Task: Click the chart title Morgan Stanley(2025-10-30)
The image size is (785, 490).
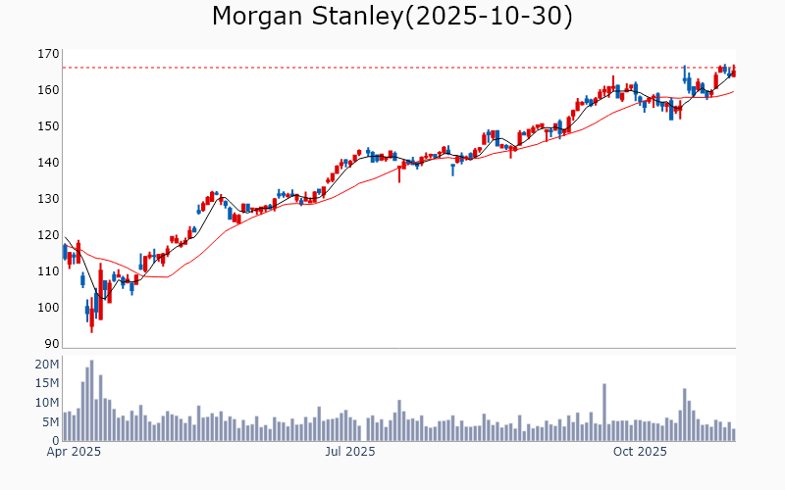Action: (392, 17)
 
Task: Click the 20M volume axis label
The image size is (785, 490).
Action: (46, 365)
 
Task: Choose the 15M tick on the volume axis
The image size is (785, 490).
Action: (46, 383)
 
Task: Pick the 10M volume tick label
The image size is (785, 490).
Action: (46, 403)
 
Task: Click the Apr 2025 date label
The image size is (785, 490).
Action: (75, 452)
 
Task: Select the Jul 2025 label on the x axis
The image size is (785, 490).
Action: (350, 452)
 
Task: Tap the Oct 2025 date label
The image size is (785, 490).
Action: (640, 452)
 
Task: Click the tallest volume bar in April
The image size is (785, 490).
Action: (91, 401)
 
